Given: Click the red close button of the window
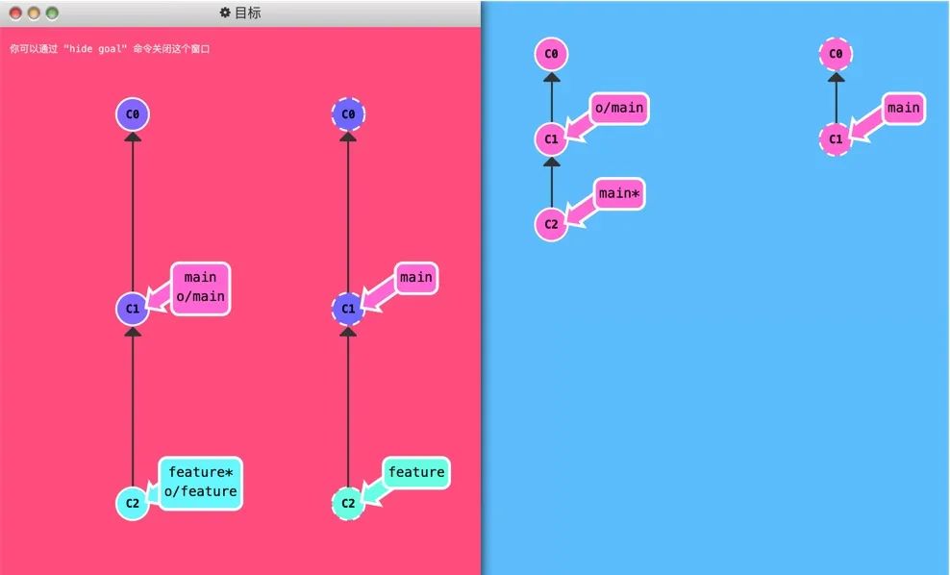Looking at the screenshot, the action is click(x=15, y=13).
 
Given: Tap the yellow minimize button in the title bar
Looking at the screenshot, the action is click(x=34, y=13).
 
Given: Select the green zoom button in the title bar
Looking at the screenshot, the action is click(x=52, y=13).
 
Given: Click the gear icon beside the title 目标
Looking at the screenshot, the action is click(x=225, y=13).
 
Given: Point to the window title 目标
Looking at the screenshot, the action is click(x=248, y=13).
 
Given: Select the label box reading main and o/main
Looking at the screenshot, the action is click(x=200, y=287).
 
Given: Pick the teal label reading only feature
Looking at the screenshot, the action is click(x=416, y=472).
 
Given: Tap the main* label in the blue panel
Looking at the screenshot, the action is click(x=619, y=194).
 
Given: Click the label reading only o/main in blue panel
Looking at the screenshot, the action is click(x=619, y=109).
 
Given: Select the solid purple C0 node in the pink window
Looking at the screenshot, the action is click(x=133, y=115).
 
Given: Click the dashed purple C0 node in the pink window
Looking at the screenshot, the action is click(x=348, y=115).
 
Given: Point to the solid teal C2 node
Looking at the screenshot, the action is click(x=133, y=503).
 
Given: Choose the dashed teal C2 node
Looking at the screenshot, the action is click(x=348, y=503).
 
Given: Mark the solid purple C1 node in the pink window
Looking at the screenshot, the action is click(x=133, y=310).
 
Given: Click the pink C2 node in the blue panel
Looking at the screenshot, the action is click(x=551, y=224).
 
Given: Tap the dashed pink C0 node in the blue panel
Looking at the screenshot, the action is click(x=836, y=54).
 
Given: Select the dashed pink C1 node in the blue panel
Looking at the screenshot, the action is click(x=836, y=139).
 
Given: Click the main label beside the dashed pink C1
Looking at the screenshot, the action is click(x=903, y=109).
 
